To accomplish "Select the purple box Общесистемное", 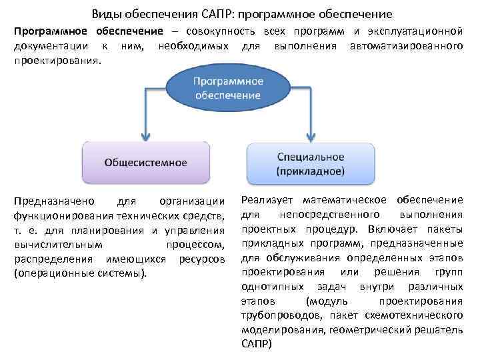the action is pos(146,162).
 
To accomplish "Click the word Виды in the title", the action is pos(105,13).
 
